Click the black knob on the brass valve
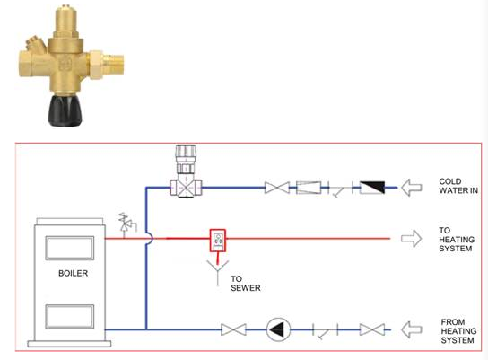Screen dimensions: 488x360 coord(65,110)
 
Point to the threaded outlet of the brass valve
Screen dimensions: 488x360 coord(113,64)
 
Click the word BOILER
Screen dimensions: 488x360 coord(74,273)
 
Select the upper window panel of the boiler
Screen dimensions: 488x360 coord(70,248)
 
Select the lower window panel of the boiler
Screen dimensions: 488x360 coord(70,316)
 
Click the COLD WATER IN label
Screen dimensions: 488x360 coord(458,186)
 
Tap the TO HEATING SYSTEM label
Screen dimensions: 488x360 coord(457,240)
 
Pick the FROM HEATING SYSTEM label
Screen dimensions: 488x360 coord(458,331)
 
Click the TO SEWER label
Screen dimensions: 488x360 coord(246,284)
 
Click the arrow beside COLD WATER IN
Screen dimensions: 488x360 coord(411,188)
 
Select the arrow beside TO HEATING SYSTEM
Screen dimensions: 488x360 coord(411,239)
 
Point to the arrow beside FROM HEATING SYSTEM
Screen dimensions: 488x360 coord(411,329)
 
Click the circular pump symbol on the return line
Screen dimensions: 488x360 coord(278,329)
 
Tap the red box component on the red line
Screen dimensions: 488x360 coord(218,240)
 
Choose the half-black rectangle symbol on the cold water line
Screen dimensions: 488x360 coord(372,188)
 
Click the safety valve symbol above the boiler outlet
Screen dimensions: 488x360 coord(127,222)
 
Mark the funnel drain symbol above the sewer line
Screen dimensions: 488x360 coord(218,269)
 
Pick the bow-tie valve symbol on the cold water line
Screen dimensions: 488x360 coord(277,188)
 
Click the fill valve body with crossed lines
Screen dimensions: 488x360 coord(186,188)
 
